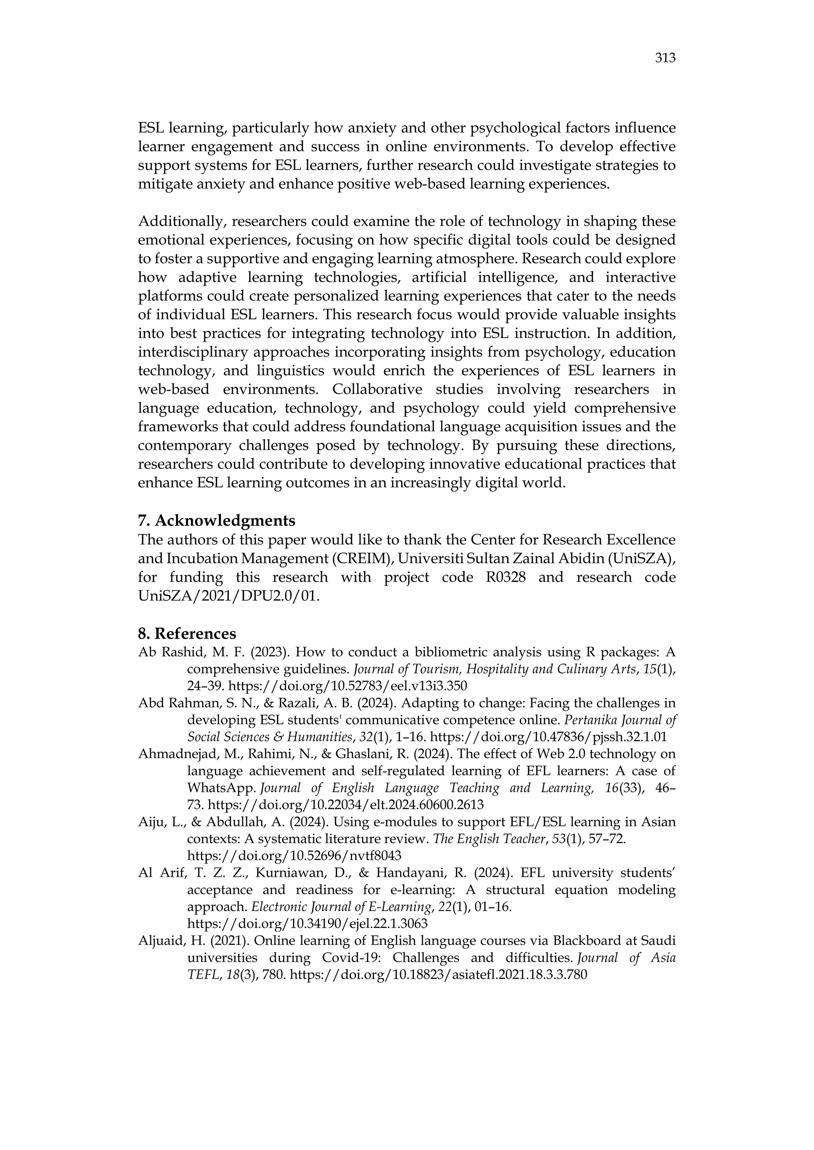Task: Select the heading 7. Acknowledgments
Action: pyautogui.click(x=217, y=521)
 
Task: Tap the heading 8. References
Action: pyautogui.click(x=187, y=634)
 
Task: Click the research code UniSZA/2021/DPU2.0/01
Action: pyautogui.click(x=229, y=596)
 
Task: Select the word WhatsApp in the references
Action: pyautogui.click(x=220, y=788)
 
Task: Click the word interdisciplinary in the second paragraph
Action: pyautogui.click(x=194, y=352)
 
